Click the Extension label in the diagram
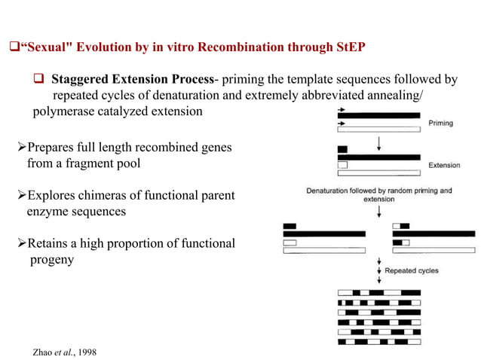click(x=445, y=164)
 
